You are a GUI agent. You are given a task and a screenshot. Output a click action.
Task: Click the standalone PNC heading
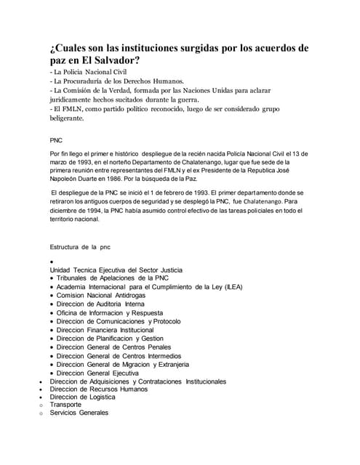56,138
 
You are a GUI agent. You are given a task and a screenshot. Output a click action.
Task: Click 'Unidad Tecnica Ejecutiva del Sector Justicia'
116,270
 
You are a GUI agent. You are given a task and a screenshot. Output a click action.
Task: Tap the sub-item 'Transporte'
65,405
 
